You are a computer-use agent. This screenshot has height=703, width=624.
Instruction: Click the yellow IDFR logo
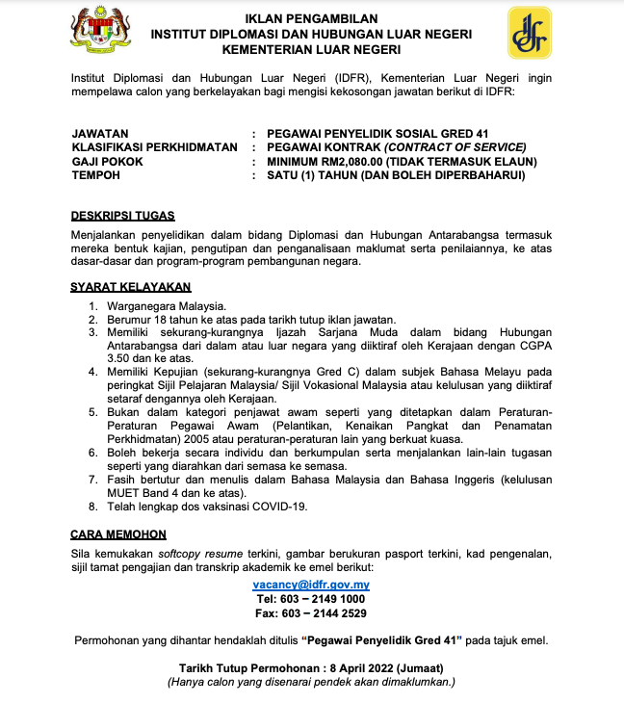530,33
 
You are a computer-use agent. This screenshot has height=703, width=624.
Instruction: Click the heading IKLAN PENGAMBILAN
311,18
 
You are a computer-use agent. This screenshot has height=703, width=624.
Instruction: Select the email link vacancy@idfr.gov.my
311,585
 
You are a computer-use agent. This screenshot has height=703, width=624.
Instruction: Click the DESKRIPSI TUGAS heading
122,217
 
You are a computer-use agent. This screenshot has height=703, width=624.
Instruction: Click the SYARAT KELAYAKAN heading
131,286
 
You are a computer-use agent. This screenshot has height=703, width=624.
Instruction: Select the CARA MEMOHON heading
118,534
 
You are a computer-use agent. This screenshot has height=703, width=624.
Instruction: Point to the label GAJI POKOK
107,162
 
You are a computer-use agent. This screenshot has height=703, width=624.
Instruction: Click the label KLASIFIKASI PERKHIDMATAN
154,147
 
